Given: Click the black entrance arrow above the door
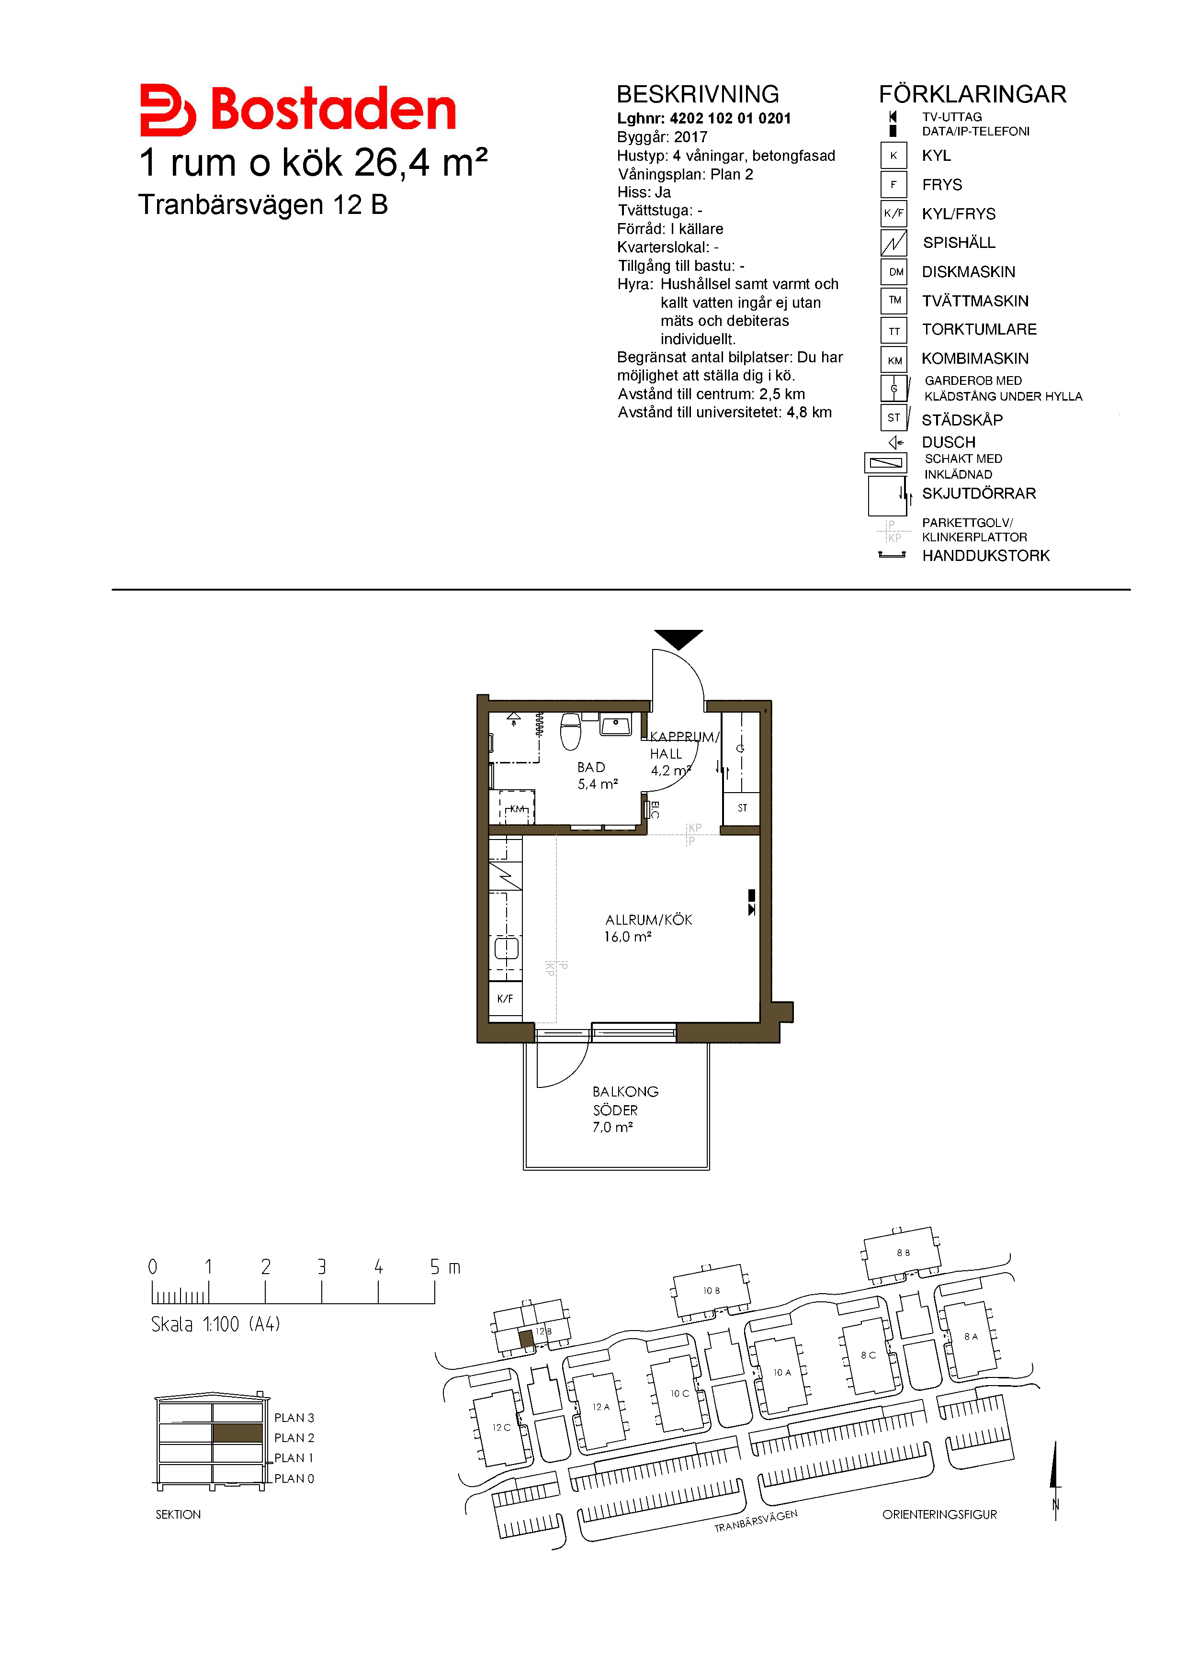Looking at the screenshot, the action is pos(678,639).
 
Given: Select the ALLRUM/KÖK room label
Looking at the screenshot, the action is pos(648,927).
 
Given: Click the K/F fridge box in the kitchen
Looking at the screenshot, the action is pos(505,998).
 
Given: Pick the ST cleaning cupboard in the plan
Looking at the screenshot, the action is pos(742,808).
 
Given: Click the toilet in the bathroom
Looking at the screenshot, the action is pos(570,731).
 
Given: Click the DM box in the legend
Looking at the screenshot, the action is pos(894,272).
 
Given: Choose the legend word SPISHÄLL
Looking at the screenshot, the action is pos(959,243).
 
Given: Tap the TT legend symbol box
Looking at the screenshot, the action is pos(894,331).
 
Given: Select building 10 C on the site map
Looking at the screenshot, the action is pos(679,1393).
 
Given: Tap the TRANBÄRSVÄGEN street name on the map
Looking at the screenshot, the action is pos(756,1520).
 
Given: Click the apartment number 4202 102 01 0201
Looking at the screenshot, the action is pos(730,119).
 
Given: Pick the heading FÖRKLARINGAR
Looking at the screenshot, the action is pos(972,94).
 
